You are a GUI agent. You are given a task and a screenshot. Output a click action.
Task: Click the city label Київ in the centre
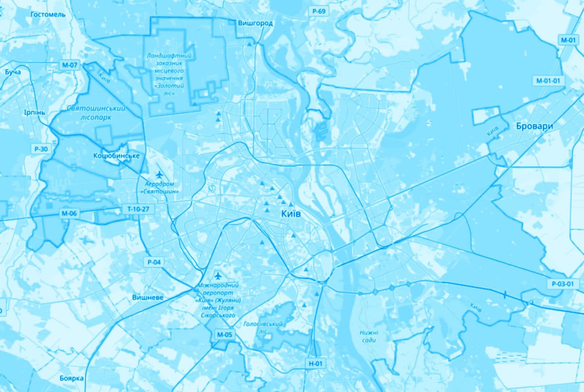291,214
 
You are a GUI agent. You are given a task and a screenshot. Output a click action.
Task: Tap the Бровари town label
534,126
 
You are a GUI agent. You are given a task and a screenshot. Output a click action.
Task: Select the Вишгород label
255,23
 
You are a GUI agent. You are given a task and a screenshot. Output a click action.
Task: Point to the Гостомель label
48,14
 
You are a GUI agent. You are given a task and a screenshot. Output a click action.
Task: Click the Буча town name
13,72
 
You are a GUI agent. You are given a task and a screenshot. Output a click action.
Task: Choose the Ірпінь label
35,112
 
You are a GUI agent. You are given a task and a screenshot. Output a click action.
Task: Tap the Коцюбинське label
116,156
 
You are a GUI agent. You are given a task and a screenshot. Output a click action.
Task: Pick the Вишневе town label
147,297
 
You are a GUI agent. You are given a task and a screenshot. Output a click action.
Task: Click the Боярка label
72,378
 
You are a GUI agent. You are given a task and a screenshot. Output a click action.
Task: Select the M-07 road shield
69,65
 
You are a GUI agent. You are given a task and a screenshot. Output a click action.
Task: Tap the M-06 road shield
69,214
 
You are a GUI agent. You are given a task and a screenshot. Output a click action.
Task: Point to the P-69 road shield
318,11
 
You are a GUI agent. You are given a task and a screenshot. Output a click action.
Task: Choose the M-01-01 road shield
548,80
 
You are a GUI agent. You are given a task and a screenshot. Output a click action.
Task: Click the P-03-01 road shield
563,284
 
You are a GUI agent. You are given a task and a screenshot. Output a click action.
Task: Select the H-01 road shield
316,363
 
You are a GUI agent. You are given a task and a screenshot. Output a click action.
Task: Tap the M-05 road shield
224,335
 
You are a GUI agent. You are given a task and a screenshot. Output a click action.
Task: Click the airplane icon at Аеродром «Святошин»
160,175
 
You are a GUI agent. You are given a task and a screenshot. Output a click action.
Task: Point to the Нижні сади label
369,336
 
